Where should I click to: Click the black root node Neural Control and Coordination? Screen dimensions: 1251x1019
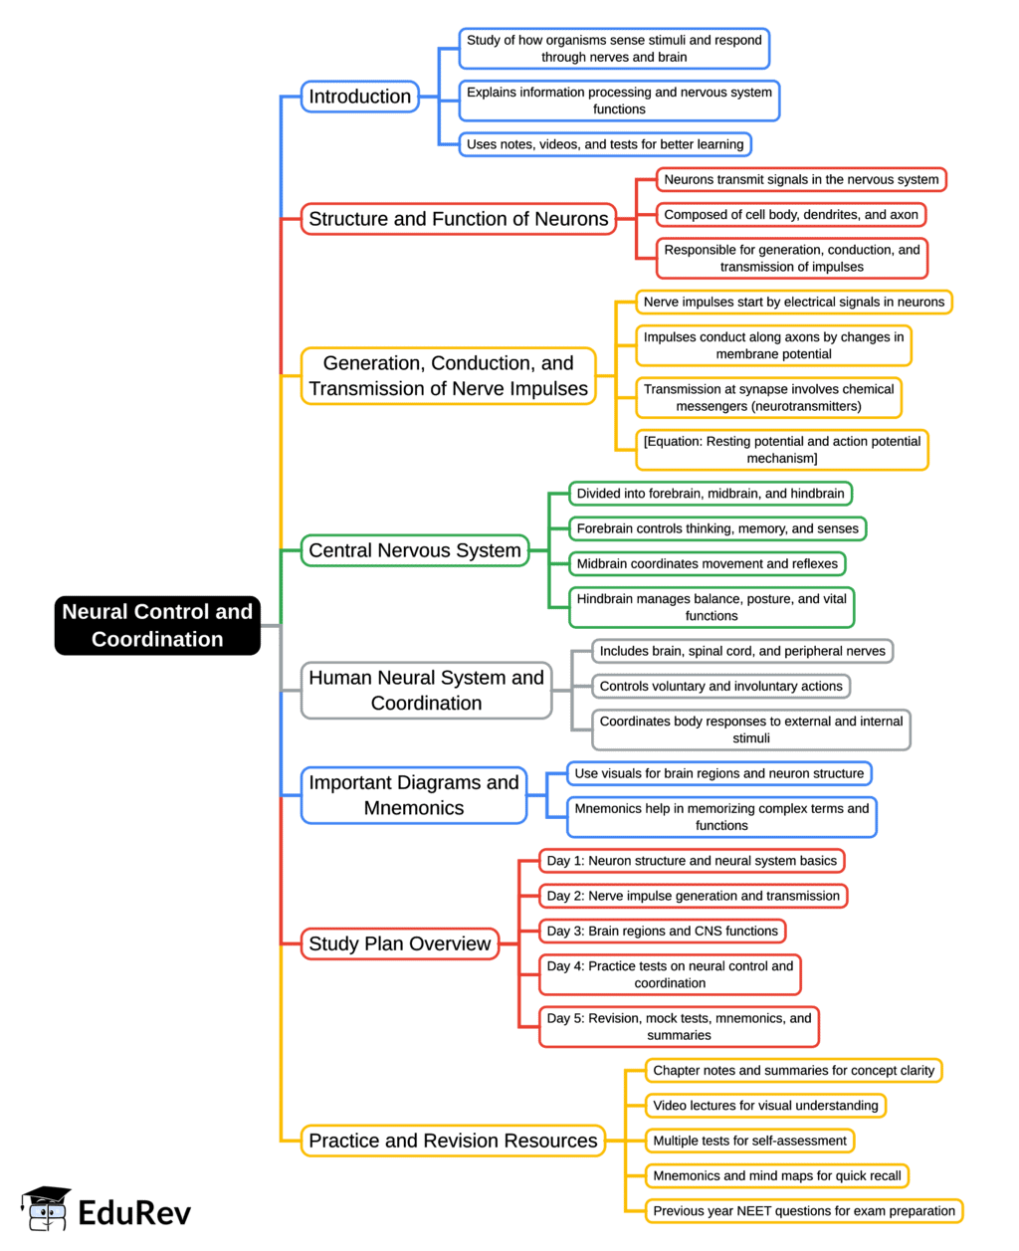(x=157, y=625)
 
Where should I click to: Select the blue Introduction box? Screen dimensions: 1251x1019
(x=359, y=97)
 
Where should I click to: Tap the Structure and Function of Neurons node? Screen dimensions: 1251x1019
(x=458, y=219)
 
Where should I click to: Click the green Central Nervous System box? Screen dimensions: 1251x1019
(x=414, y=550)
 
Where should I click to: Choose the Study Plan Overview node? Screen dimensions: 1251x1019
(x=399, y=943)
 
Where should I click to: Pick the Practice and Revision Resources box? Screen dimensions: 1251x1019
(x=453, y=1141)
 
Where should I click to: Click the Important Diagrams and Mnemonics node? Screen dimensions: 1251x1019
(x=413, y=795)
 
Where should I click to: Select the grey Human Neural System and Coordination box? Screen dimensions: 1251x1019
(x=426, y=690)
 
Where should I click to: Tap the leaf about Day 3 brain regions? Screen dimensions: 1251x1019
(x=662, y=932)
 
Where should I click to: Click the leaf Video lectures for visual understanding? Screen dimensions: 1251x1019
(x=765, y=1106)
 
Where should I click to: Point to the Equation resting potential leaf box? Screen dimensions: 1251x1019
(x=781, y=450)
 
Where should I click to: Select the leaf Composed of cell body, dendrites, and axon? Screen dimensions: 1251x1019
(x=790, y=215)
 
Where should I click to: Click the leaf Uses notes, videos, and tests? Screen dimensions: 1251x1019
(x=604, y=144)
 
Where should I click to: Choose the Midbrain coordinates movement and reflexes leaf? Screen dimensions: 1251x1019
(x=707, y=564)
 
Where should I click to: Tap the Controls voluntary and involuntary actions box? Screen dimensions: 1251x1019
(x=720, y=687)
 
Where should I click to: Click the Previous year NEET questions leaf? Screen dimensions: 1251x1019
(x=803, y=1211)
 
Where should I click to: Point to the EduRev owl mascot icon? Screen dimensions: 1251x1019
(x=46, y=1208)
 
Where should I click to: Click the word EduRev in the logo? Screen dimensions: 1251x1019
(x=134, y=1212)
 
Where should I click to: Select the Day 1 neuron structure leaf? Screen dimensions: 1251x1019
(x=692, y=861)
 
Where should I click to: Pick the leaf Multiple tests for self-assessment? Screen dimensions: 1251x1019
(x=749, y=1141)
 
